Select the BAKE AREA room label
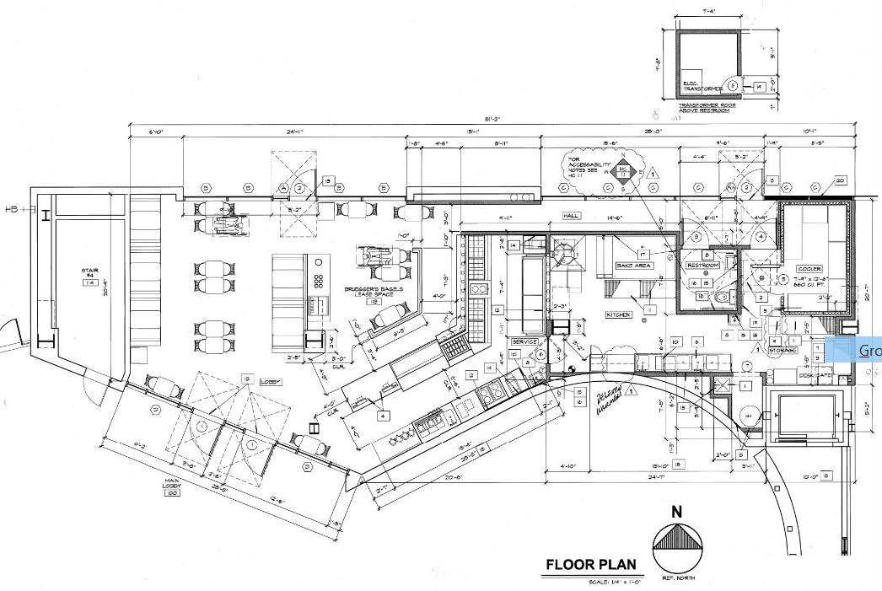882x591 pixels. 634,266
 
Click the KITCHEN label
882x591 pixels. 618,314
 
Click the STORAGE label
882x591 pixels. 783,348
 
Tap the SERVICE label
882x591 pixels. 524,341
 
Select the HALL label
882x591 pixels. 571,216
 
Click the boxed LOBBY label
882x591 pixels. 269,382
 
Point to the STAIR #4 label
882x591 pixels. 90,275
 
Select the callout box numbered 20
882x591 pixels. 840,180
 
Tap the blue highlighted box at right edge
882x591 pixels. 857,350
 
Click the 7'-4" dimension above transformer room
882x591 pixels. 709,10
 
